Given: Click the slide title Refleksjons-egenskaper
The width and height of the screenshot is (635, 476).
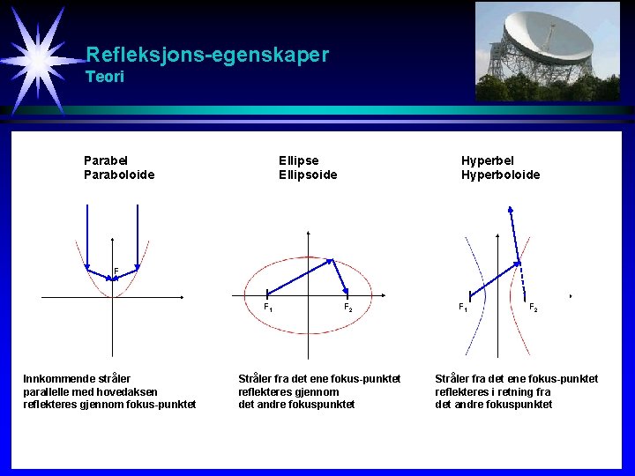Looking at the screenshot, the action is tap(207, 55).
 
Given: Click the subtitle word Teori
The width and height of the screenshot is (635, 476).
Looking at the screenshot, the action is tap(105, 78).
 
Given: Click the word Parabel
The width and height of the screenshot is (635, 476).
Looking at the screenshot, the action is tap(106, 160).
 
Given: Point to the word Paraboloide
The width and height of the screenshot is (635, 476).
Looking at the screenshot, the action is tap(119, 175).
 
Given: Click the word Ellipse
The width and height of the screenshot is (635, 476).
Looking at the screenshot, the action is tap(298, 160).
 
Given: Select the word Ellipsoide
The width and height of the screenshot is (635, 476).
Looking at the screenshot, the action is tap(308, 175).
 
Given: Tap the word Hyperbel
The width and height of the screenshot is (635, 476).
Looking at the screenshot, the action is tap(488, 160).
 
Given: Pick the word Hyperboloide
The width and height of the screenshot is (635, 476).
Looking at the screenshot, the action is tap(500, 175).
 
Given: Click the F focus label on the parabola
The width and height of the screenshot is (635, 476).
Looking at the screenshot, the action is tap(116, 271).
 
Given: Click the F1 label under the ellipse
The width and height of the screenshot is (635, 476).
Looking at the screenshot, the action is tap(268, 307).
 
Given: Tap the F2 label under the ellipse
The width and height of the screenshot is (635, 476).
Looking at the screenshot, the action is tap(348, 307).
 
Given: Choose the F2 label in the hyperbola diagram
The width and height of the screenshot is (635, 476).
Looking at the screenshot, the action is tap(534, 307).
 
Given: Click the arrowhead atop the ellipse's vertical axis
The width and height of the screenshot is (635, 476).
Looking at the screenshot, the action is tap(307, 234).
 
